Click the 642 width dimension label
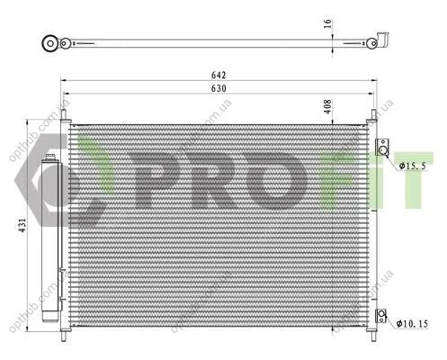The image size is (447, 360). click(x=219, y=75)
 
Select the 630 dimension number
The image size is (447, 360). click(x=219, y=88)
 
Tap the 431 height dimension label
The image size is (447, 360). click(x=22, y=225)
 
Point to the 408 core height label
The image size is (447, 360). click(x=327, y=106)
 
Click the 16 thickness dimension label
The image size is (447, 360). click(x=327, y=23)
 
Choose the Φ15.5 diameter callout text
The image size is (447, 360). click(x=412, y=166)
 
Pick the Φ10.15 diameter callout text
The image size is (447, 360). click(x=412, y=324)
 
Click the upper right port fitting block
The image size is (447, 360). click(x=382, y=148)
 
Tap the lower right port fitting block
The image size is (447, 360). click(x=381, y=315)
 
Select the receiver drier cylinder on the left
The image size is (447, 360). click(x=50, y=238)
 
